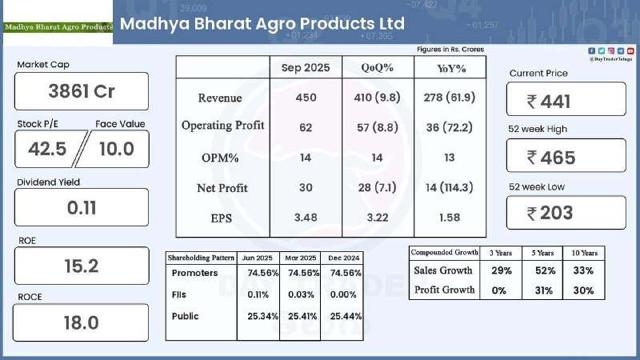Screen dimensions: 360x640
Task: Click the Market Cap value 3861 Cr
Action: pos(82,91)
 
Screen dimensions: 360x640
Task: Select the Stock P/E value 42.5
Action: pos(47,149)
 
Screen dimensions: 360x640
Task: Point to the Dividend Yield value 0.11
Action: pos(82,208)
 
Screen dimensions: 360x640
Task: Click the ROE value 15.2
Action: pos(82,266)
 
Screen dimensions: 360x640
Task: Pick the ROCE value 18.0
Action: pos(82,322)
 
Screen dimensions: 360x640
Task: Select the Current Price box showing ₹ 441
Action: pos(566,101)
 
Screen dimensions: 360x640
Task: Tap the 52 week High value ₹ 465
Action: pos(566,157)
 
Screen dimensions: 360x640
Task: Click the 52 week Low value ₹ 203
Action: pos(566,213)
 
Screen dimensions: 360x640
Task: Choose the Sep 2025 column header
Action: pos(306,68)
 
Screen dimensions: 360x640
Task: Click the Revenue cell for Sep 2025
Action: pos(306,98)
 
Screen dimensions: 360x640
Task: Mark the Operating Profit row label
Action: pos(222,126)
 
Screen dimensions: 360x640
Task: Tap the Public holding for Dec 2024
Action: pos(344,316)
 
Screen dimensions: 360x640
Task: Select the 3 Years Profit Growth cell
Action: pos(499,290)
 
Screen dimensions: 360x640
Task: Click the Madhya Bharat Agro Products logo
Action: pos(58,26)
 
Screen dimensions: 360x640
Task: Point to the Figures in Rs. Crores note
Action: pos(450,50)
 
